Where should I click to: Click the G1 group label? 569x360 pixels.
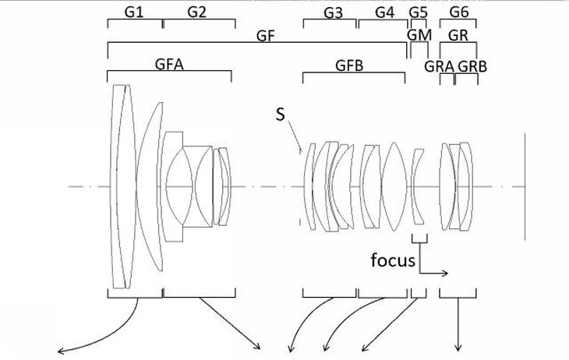tap(134, 11)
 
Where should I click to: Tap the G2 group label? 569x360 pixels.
tap(196, 11)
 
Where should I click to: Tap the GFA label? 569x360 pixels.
tap(168, 65)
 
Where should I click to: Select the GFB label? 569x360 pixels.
tap(350, 65)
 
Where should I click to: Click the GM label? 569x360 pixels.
tap(419, 36)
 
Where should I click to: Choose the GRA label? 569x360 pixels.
tap(440, 66)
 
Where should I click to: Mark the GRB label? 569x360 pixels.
tap(472, 66)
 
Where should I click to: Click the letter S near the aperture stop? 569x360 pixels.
tap(281, 115)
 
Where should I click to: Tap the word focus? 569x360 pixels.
tap(394, 260)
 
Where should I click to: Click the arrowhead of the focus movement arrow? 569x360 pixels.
tap(446, 274)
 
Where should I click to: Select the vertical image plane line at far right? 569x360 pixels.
tap(528, 187)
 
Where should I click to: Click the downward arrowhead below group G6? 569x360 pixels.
tap(458, 349)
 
